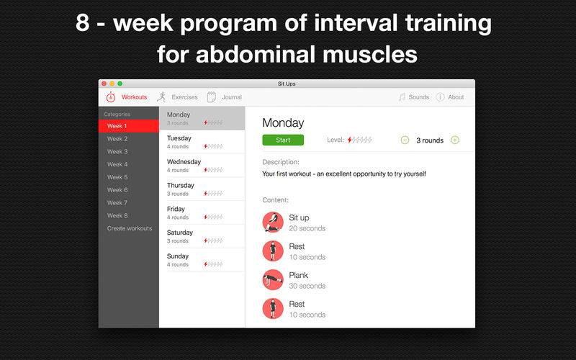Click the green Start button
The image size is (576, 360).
[283, 140]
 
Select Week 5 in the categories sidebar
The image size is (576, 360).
[117, 177]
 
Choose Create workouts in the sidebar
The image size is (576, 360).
[130, 228]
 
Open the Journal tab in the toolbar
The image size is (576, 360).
[231, 97]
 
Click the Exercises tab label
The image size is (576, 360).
[184, 97]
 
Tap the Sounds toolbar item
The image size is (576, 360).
[419, 97]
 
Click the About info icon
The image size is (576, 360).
[440, 97]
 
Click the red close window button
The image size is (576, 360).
[104, 84]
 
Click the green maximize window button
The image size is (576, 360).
[120, 84]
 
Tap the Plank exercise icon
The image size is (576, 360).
[273, 280]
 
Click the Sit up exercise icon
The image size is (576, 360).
[273, 222]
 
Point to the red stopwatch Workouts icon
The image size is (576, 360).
[111, 97]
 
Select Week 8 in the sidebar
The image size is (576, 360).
[117, 215]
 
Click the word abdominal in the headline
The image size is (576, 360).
[256, 55]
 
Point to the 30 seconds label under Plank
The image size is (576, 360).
[307, 286]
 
